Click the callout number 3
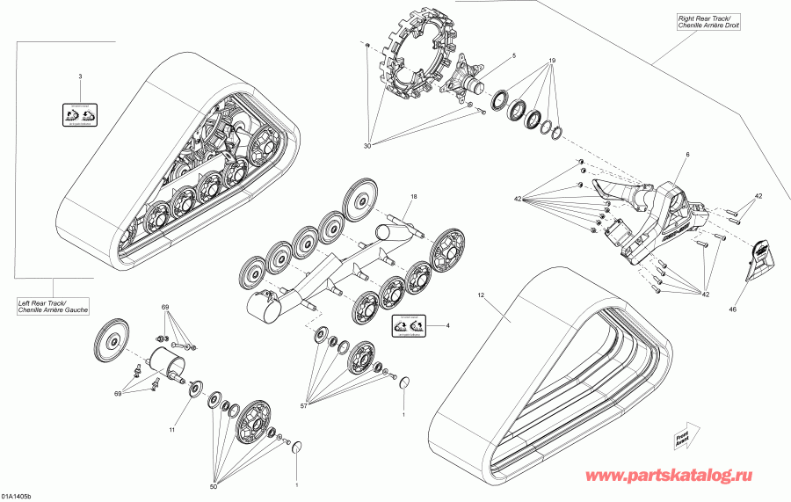click(x=80, y=77)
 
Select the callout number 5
click(x=514, y=56)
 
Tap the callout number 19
click(x=552, y=61)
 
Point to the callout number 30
click(x=366, y=146)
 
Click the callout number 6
click(x=687, y=154)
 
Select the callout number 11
click(x=173, y=431)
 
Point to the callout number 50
click(x=213, y=486)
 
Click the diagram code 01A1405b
click(x=20, y=496)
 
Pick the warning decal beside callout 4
click(x=407, y=326)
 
